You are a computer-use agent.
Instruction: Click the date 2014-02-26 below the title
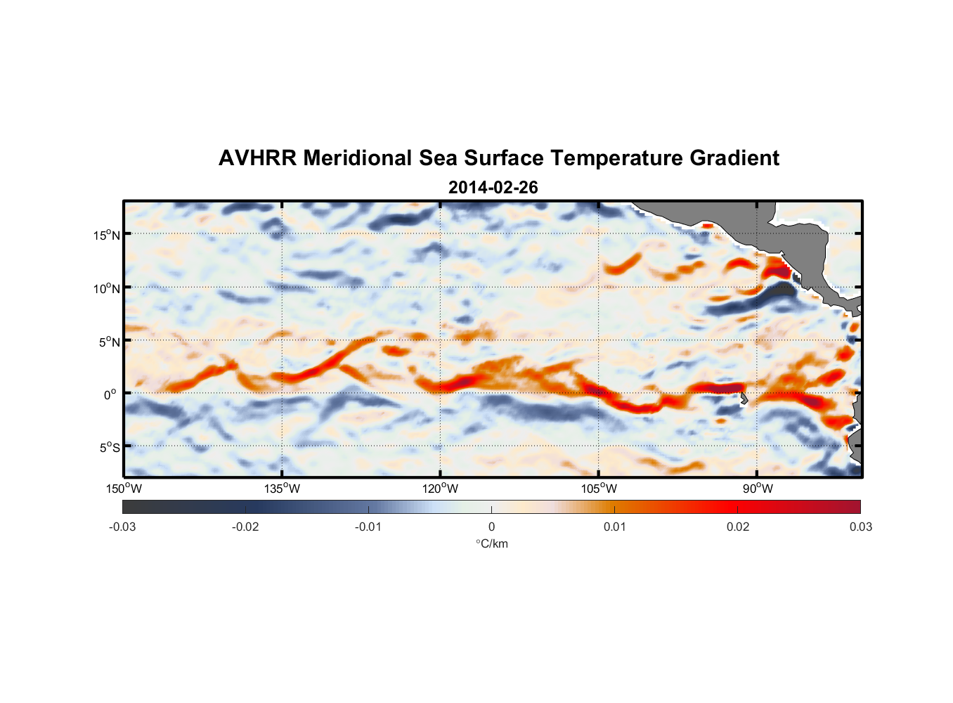493,188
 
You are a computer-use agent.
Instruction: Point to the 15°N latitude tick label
106,235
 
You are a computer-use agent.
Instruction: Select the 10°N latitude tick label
106,288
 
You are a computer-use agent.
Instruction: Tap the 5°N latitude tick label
109,342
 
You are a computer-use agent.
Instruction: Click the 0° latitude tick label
110,394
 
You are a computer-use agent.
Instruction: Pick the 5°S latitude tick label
109,448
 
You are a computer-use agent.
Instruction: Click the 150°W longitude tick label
124,489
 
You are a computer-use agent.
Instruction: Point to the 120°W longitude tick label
441,489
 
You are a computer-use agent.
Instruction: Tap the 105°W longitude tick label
599,489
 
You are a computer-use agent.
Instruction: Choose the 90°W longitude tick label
758,489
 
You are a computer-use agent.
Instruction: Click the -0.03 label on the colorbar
122,527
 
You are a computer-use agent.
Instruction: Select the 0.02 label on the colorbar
738,527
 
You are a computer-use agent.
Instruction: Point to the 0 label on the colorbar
491,527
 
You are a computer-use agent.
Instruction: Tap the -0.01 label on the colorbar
368,527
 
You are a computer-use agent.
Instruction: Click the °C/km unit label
491,543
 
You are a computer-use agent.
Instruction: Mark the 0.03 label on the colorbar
860,527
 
